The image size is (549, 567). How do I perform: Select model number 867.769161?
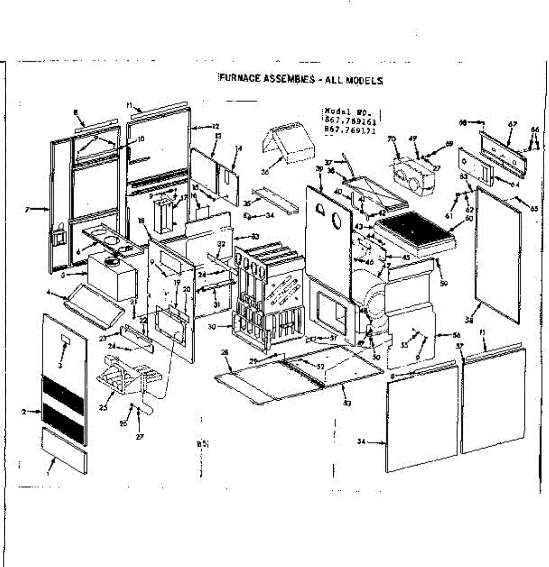click(x=351, y=122)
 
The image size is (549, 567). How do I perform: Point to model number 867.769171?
click(x=351, y=131)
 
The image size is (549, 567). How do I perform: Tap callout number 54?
click(x=362, y=442)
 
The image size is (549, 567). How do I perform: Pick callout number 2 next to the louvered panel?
click(x=24, y=412)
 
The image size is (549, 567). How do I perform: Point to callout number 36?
click(x=265, y=173)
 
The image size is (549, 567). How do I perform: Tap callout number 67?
click(x=513, y=125)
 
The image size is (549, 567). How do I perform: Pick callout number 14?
click(x=239, y=148)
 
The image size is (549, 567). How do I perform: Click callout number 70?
click(x=391, y=139)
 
